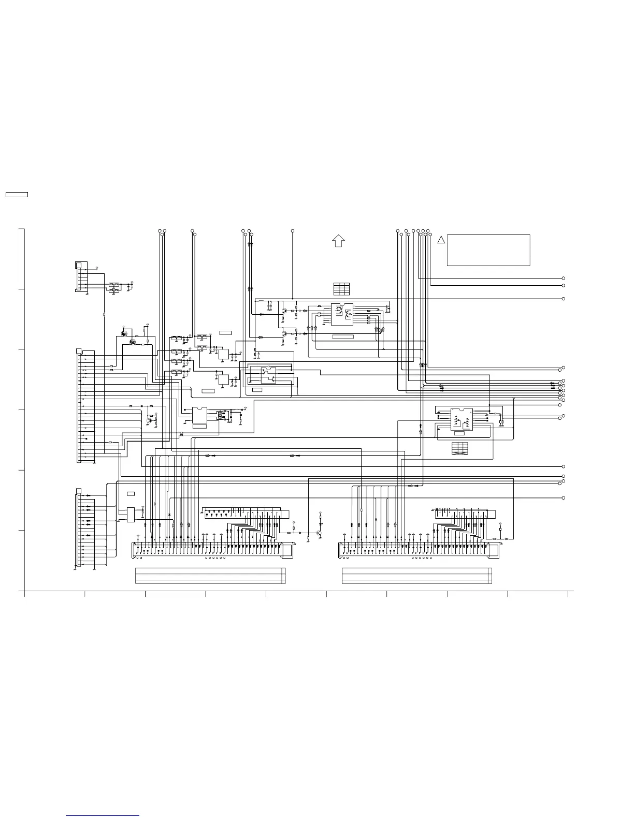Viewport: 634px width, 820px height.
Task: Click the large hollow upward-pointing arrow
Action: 338,241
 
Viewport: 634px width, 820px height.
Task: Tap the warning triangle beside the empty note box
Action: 440,240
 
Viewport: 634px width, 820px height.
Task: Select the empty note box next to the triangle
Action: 488,250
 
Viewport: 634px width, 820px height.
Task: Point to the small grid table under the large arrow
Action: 341,288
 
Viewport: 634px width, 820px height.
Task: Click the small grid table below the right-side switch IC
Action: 459,448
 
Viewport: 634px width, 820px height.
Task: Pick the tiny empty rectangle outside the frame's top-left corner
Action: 16,195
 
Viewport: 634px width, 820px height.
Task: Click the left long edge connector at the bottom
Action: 212,550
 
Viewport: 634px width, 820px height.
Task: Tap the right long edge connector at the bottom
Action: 419,550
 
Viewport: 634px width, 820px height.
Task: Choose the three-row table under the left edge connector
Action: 210,576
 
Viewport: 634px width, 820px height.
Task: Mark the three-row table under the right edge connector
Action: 417,576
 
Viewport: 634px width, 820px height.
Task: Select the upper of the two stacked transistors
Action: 284,312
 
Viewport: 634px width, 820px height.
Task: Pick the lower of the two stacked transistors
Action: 284,334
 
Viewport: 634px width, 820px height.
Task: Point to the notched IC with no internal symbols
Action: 199,415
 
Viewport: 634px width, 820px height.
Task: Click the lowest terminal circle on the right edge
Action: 563,497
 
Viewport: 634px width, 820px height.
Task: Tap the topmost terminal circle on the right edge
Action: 563,278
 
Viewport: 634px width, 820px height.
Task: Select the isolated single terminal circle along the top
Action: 293,230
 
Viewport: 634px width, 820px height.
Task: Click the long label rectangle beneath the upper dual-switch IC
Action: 342,337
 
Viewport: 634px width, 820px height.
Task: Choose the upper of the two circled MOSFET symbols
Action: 124,333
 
